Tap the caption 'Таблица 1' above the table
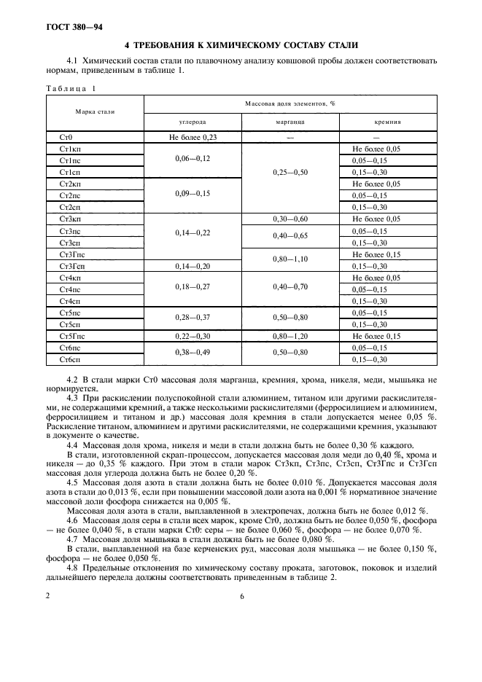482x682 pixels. click(x=71, y=88)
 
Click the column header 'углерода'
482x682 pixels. click(x=193, y=123)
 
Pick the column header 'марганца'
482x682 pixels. click(x=290, y=123)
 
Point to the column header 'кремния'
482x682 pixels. click(x=388, y=123)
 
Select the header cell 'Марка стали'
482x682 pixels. click(x=95, y=111)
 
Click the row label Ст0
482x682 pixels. click(x=66, y=136)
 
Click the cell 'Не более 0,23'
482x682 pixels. click(x=193, y=136)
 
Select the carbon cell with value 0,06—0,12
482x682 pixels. click(x=193, y=159)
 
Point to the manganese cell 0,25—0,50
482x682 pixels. click(x=290, y=172)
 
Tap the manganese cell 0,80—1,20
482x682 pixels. click(x=290, y=336)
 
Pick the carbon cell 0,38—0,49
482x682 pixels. click(x=193, y=353)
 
